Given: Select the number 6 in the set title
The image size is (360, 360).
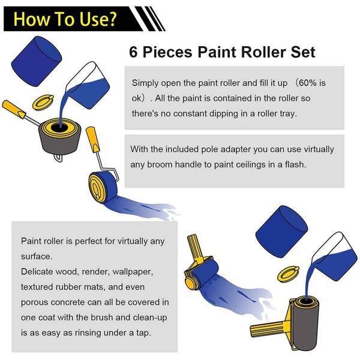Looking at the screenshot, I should [x=134, y=52].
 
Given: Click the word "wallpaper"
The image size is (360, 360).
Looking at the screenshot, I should [x=134, y=272].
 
